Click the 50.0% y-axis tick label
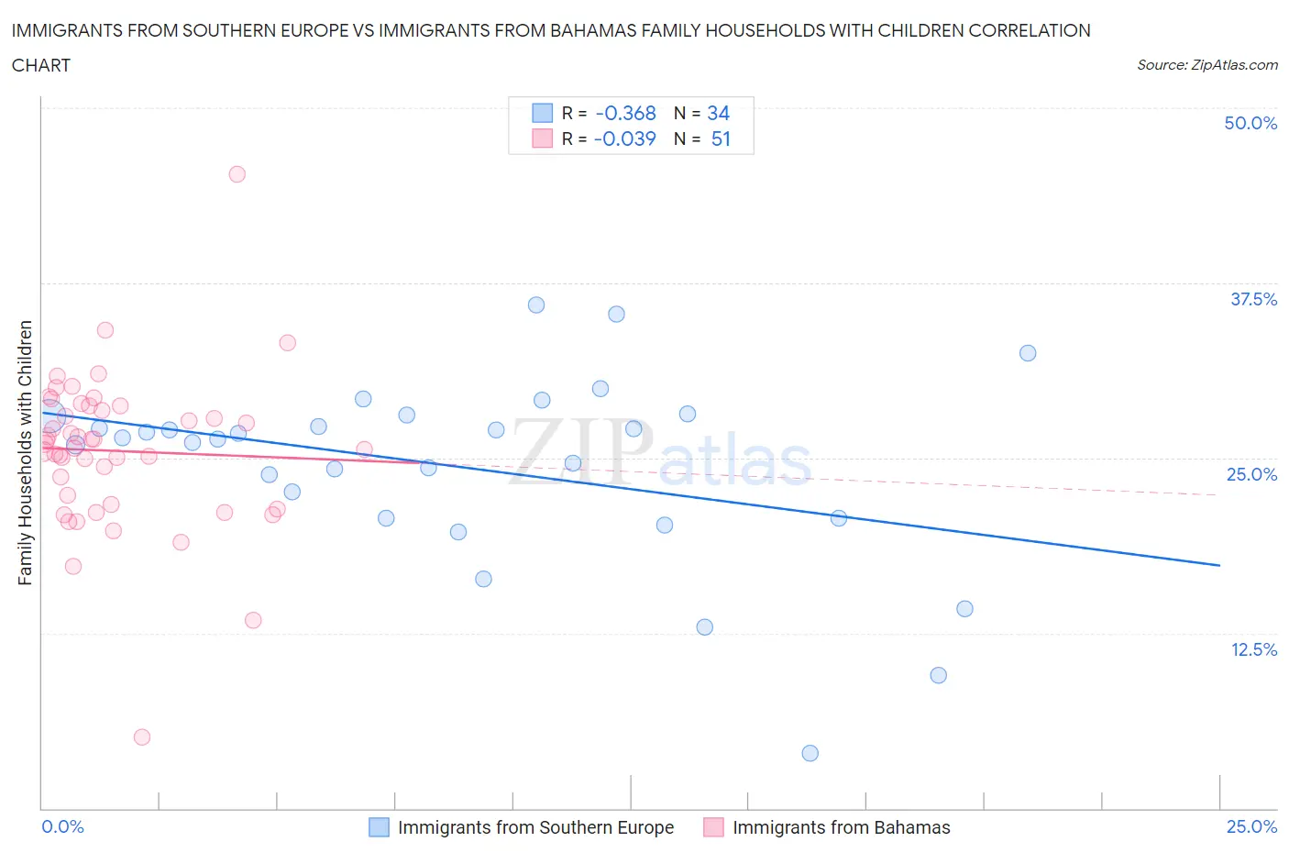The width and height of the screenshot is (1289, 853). [1250, 123]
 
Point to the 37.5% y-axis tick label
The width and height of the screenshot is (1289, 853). [1253, 299]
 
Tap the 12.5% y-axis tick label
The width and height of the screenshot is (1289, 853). [1253, 649]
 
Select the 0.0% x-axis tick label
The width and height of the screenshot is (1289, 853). [62, 826]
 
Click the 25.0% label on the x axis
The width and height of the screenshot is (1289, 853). [1251, 826]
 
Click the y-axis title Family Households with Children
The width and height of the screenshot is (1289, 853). [25, 452]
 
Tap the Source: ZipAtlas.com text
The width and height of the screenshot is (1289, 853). [1206, 64]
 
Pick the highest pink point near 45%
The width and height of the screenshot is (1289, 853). [237, 174]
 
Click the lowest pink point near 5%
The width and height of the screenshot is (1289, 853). [141, 737]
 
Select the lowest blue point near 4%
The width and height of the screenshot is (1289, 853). [810, 753]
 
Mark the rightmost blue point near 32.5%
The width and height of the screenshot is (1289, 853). [1028, 353]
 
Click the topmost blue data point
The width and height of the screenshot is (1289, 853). [536, 305]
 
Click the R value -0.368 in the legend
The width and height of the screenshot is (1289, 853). [625, 113]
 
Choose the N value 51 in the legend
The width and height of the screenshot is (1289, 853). [721, 138]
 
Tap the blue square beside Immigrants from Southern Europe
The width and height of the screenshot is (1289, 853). [379, 827]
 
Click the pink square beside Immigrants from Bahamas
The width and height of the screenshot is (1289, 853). [713, 827]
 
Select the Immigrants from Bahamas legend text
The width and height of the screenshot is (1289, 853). [841, 827]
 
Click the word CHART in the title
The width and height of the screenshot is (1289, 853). [41, 65]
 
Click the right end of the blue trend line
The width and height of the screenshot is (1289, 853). [1219, 565]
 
